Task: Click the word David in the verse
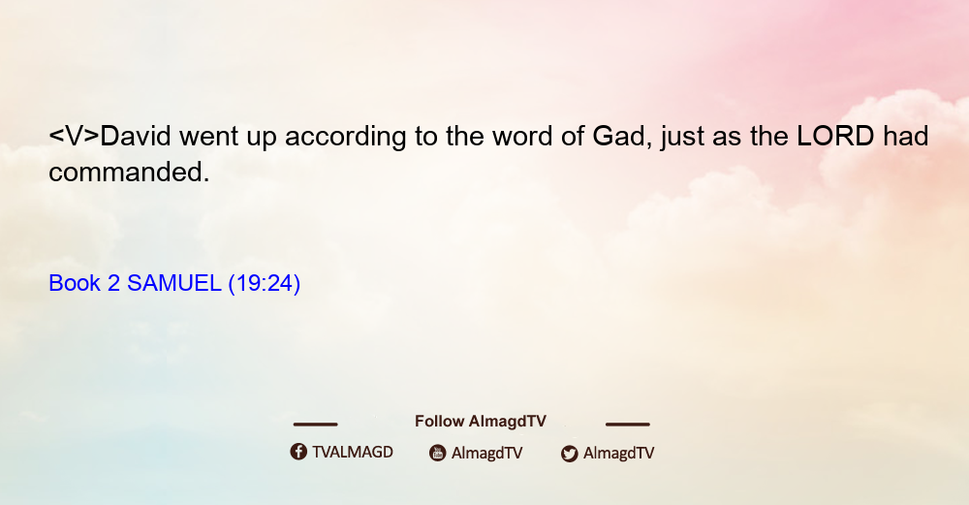[x=136, y=136]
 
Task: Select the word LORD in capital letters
[x=835, y=136]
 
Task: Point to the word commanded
[x=129, y=172]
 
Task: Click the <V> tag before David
[x=75, y=136]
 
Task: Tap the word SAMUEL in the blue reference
[x=174, y=283]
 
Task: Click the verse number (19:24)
[x=265, y=284]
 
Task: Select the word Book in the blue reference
[x=75, y=283]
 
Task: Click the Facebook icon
[x=298, y=452]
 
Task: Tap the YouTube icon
[x=438, y=453]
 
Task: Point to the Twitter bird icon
[x=569, y=454]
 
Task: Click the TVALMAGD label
[x=353, y=452]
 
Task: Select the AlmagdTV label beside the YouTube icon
[x=487, y=453]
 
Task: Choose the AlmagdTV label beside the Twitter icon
[x=618, y=453]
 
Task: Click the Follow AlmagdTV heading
[x=481, y=421]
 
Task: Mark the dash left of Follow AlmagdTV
[x=315, y=425]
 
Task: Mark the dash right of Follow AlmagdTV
[x=628, y=425]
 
